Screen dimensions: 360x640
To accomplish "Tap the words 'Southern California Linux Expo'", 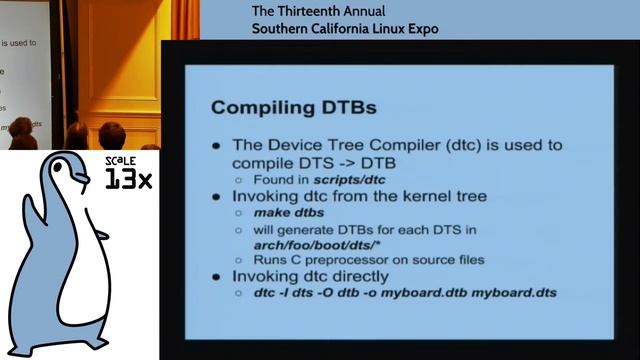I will (x=345, y=28).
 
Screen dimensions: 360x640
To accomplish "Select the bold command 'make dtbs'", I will (x=289, y=213).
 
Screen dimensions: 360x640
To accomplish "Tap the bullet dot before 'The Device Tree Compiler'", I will (x=217, y=146).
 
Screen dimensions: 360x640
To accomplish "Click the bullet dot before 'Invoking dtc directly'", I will (x=217, y=275).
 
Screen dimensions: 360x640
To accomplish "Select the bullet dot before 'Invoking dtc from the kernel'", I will (x=217, y=196).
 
